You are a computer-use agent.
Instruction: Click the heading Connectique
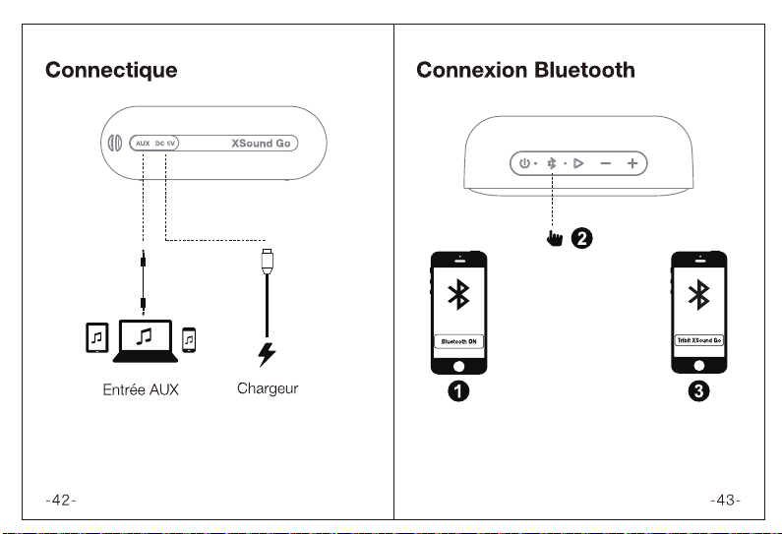[111, 70]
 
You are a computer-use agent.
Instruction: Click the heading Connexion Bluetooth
[525, 70]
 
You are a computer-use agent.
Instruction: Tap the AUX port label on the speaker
[143, 144]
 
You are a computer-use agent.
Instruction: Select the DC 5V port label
[165, 144]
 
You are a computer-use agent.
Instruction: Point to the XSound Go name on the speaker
[261, 144]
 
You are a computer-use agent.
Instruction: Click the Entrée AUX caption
[141, 389]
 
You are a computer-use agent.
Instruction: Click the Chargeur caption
[268, 388]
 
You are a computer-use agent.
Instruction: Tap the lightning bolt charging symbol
[267, 354]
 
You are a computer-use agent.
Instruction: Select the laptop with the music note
[146, 341]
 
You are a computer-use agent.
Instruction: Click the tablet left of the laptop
[96, 337]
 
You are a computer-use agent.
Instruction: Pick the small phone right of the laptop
[189, 340]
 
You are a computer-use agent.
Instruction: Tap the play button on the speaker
[578, 163]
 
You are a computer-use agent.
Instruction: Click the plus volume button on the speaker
[632, 163]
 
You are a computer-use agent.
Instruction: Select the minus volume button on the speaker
[606, 163]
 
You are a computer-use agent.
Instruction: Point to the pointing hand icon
[554, 238]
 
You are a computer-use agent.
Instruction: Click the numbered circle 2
[581, 238]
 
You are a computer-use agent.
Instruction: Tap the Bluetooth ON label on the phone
[458, 341]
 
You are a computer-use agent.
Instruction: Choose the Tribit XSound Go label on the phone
[699, 340]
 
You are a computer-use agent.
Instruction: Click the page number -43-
[726, 500]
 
